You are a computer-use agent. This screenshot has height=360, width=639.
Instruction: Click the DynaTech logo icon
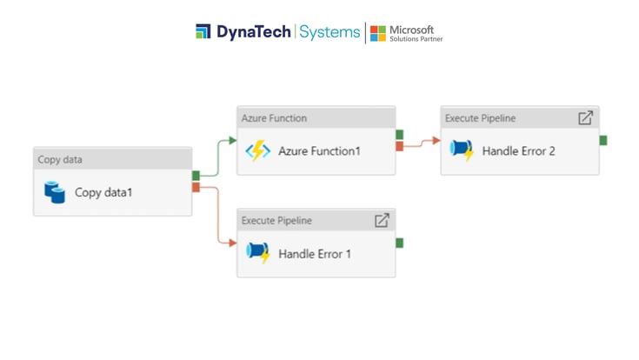203,32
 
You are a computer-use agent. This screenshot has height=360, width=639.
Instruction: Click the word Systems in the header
329,32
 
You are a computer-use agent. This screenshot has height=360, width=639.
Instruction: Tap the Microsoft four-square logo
378,33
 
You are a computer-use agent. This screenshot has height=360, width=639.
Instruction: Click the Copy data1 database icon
55,192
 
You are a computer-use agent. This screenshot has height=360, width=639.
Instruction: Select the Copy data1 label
103,192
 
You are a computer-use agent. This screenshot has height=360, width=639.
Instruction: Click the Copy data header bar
112,159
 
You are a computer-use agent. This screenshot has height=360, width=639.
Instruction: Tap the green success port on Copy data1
196,176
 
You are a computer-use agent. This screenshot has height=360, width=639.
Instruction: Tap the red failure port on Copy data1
196,187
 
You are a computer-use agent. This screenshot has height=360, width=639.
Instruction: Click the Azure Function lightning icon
257,150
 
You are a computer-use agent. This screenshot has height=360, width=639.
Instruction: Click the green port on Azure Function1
399,135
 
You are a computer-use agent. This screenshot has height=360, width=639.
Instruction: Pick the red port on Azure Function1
399,146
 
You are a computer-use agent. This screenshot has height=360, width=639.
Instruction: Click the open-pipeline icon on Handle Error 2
585,117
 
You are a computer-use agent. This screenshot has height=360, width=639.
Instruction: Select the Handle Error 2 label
518,151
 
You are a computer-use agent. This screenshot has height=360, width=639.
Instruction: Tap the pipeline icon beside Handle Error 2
462,150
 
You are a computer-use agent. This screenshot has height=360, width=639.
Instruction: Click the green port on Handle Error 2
603,140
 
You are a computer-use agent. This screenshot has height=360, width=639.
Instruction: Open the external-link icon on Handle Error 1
381,220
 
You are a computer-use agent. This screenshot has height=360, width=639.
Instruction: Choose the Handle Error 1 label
315,254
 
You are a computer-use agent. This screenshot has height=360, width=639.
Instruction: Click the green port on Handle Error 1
399,243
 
